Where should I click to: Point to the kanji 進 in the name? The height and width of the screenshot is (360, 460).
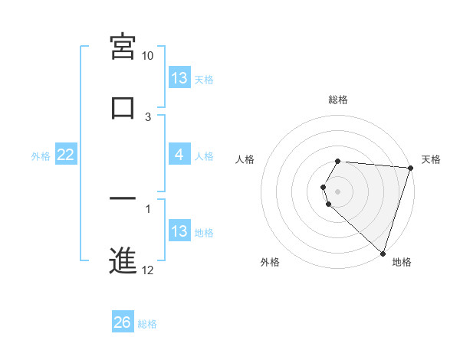(x=123, y=259)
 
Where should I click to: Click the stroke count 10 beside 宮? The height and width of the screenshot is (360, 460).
(x=147, y=56)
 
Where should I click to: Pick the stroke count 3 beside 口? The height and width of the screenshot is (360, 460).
(x=148, y=116)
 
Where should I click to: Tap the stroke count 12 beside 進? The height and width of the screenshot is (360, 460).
(x=147, y=270)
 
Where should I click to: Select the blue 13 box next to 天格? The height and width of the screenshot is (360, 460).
(x=179, y=78)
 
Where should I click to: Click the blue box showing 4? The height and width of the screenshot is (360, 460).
(x=179, y=155)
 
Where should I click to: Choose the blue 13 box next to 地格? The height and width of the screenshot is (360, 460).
(x=179, y=231)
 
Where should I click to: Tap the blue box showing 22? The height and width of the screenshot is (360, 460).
(x=66, y=155)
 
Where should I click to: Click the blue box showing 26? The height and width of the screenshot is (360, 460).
(x=123, y=322)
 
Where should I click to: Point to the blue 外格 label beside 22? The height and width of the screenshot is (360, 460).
(x=41, y=155)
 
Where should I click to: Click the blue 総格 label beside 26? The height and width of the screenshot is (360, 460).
(x=147, y=324)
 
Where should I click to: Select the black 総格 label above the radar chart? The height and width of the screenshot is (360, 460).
(x=337, y=100)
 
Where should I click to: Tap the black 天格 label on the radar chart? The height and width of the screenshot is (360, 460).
(x=431, y=159)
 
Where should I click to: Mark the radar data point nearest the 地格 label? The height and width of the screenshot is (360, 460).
(x=383, y=254)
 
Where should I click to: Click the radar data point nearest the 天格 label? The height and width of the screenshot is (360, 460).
(x=410, y=168)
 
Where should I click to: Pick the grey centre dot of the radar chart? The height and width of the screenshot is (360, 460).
(x=337, y=191)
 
